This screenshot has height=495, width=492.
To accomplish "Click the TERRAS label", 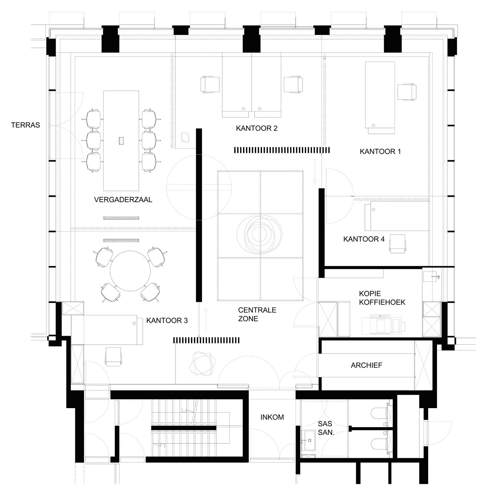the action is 25,125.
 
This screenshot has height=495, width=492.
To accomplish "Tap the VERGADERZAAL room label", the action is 123,200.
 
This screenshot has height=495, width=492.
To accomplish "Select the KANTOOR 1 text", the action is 380,152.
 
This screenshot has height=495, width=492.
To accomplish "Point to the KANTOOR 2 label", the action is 257,128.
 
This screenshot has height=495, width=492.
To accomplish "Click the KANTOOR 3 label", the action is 167,321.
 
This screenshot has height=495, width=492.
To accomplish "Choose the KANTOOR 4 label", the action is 364,239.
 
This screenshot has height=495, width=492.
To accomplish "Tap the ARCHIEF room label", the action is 366,365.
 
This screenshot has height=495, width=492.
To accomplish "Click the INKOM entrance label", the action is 272,417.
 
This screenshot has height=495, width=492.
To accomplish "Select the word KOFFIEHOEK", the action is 382,302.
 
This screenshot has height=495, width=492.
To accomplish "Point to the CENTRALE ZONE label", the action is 257,314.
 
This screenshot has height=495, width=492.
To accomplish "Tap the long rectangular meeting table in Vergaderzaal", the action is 121,141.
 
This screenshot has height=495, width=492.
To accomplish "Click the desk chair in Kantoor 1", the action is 406,92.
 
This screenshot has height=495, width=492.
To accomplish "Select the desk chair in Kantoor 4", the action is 397,244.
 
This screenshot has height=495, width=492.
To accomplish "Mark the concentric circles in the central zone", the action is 260,233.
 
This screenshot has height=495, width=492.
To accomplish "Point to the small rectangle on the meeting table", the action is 121,141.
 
